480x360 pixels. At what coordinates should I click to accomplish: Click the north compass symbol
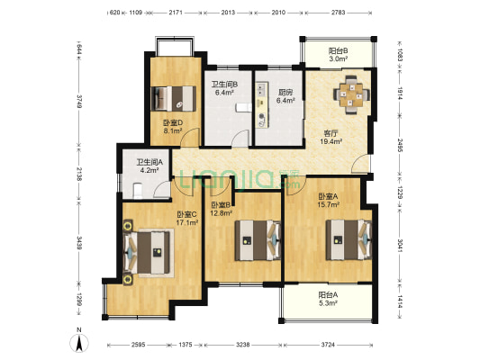(79, 341)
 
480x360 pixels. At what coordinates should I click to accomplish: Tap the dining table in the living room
(351, 94)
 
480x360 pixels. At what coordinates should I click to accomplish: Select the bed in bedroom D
(174, 98)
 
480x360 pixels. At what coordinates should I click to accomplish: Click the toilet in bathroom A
(138, 190)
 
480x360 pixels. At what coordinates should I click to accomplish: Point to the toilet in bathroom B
(244, 108)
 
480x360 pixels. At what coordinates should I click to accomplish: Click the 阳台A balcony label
(328, 295)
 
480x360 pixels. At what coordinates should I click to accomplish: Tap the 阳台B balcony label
(338, 50)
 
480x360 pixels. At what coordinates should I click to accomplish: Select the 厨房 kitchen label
(285, 92)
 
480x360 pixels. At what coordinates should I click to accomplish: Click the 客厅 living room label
(331, 133)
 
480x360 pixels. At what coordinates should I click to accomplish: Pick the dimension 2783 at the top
(338, 13)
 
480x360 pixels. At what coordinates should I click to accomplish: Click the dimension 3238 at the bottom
(243, 345)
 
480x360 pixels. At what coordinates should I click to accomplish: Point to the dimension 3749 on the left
(79, 101)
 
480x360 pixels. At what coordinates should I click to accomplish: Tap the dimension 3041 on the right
(400, 246)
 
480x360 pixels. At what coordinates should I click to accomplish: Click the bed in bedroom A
(349, 239)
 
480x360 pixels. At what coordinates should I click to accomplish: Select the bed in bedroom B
(258, 240)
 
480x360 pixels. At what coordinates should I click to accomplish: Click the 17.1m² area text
(187, 222)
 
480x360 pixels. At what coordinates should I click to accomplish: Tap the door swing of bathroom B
(240, 138)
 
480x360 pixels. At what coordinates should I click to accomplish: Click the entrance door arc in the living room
(360, 164)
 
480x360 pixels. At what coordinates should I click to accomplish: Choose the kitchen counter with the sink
(262, 104)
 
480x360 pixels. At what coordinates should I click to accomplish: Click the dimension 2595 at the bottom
(139, 345)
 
